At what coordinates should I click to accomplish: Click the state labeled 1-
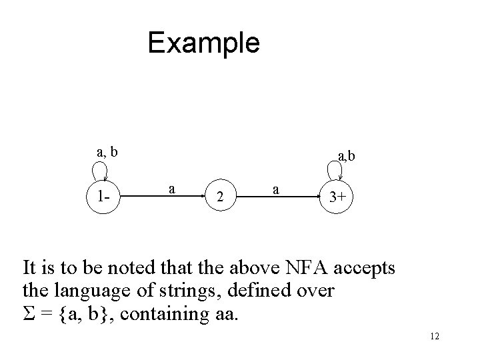[103, 197]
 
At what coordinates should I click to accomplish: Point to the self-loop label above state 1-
[107, 152]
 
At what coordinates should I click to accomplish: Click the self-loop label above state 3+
[346, 157]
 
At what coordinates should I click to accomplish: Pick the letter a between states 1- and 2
[172, 189]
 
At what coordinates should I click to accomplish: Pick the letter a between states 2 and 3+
[275, 189]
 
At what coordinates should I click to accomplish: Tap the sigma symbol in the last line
[28, 313]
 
